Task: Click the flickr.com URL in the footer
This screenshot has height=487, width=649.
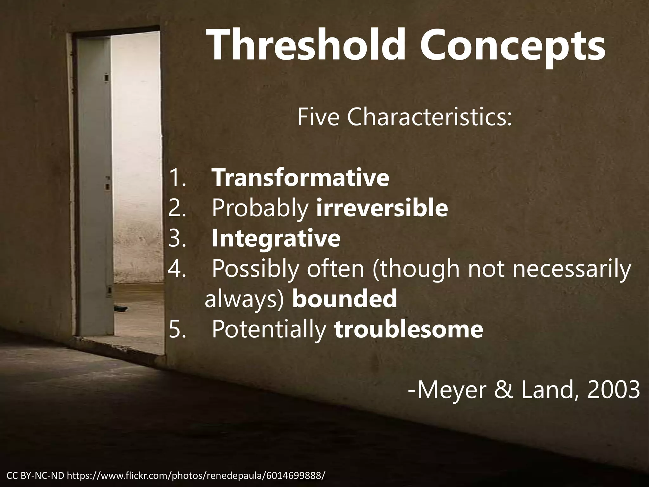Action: tap(196, 476)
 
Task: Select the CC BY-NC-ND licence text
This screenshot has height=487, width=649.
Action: tap(35, 476)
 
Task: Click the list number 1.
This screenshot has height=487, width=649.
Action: tap(176, 178)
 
